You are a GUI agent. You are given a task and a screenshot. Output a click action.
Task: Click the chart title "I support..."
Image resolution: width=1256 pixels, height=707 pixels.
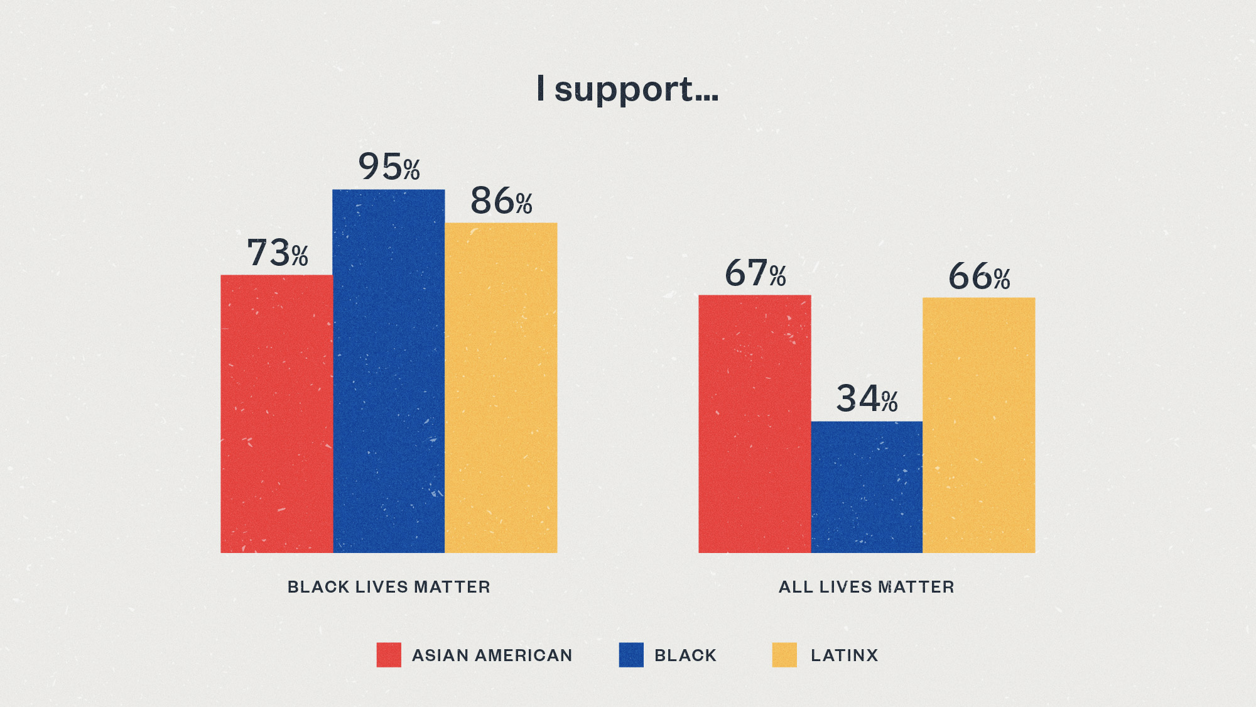pyautogui.click(x=627, y=89)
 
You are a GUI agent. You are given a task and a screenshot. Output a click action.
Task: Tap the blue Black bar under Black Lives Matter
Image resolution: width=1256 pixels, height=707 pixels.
pyautogui.click(x=389, y=371)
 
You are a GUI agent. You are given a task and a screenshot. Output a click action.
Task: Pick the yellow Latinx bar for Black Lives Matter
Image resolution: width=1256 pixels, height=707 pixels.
pyautogui.click(x=501, y=388)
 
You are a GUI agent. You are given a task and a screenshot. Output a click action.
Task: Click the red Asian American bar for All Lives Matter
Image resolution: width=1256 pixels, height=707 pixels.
pyautogui.click(x=754, y=424)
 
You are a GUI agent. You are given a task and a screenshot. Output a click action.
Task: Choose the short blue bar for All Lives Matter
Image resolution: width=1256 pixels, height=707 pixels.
pyautogui.click(x=867, y=487)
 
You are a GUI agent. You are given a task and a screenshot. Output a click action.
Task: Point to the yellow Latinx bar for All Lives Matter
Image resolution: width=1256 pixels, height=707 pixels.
pyautogui.click(x=979, y=425)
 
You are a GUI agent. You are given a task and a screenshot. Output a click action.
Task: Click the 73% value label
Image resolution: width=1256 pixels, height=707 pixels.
pyautogui.click(x=278, y=253)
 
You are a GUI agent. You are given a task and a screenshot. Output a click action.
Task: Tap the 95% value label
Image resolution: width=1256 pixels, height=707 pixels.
pyautogui.click(x=389, y=167)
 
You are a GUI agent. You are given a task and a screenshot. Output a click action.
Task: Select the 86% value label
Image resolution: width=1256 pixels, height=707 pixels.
pyautogui.click(x=501, y=201)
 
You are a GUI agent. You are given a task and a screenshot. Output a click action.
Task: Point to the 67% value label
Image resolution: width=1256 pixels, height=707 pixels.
pyautogui.click(x=755, y=273)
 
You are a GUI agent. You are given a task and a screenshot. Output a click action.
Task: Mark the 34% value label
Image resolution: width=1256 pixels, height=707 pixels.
pyautogui.click(x=867, y=398)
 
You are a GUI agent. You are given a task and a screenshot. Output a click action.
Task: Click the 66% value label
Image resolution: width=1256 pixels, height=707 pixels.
pyautogui.click(x=979, y=277)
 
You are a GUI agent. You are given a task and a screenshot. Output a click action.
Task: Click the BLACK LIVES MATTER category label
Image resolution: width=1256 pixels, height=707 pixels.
pyautogui.click(x=389, y=587)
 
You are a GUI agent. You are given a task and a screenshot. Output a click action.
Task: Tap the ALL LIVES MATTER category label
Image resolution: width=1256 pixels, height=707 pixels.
pyautogui.click(x=867, y=587)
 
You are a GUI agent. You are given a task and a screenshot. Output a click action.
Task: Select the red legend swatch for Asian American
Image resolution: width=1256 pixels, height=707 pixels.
pyautogui.click(x=389, y=655)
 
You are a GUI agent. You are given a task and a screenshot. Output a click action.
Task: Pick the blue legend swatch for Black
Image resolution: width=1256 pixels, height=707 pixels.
pyautogui.click(x=631, y=655)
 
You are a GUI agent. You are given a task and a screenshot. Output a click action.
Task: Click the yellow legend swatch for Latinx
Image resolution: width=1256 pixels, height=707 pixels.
pyautogui.click(x=784, y=655)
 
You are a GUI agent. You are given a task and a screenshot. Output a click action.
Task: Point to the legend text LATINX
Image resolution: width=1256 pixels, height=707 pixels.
pyautogui.click(x=844, y=655)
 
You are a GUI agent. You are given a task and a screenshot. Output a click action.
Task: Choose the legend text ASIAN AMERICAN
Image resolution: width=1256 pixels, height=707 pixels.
pyautogui.click(x=492, y=655)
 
